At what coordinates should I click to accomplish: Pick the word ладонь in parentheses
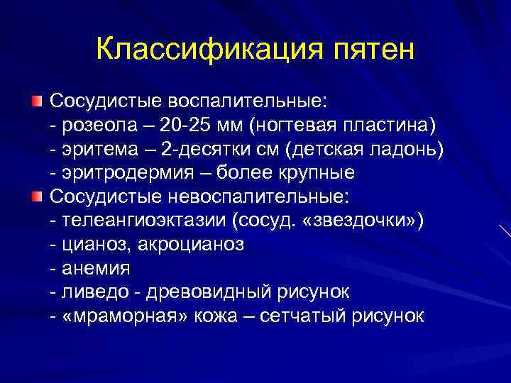coord(398,148)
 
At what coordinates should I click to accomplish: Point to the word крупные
coord(312,172)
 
